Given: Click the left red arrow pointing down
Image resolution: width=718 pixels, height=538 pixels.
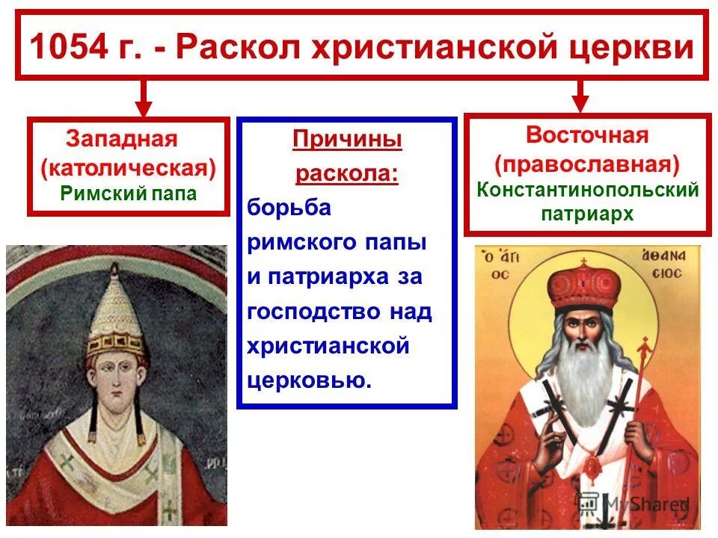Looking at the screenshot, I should tap(144, 97).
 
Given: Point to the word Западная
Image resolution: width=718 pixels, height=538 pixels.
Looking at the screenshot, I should tap(122, 139).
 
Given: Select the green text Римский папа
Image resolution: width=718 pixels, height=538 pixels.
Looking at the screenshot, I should tap(129, 194).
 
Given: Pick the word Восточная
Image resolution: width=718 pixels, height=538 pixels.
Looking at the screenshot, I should tap(587, 135).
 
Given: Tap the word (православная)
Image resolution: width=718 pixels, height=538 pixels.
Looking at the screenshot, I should tap(587, 162).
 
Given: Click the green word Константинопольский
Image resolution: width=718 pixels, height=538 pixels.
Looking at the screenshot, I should tap(587, 189).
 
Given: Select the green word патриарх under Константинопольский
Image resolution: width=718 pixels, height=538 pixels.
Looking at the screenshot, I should tap(587, 214).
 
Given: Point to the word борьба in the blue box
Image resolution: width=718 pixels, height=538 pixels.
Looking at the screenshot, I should tap(289, 208).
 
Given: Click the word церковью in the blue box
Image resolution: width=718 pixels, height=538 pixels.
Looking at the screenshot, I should tap(309, 380).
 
